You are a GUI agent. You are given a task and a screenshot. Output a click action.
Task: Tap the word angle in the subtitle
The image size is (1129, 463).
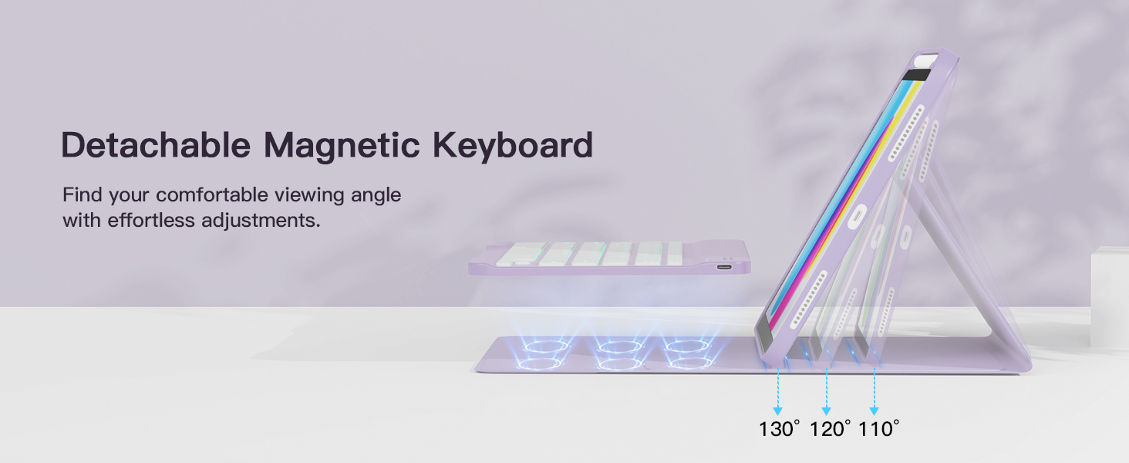click(376, 194)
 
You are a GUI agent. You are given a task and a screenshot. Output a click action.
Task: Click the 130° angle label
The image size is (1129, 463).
click(779, 429)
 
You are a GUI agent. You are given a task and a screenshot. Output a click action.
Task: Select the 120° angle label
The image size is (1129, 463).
click(829, 429)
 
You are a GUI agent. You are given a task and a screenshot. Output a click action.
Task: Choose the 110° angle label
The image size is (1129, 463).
click(878, 429)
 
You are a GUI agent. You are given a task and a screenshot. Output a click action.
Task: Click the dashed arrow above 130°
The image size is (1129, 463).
click(778, 392)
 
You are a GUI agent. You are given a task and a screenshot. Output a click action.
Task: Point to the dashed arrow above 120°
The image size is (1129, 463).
click(827, 392)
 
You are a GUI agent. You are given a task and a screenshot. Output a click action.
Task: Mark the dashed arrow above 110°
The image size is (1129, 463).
click(875, 392)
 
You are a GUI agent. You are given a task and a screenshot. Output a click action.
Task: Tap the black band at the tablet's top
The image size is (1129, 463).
click(917, 75)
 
